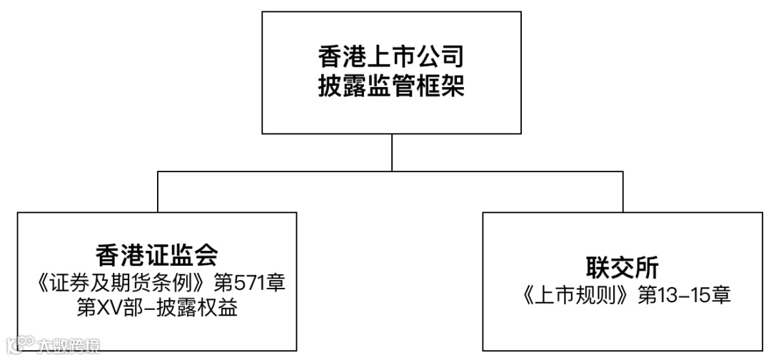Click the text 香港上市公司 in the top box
point(391,56)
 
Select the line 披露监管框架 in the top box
point(391,87)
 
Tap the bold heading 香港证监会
point(156,255)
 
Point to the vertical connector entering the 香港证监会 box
point(157,191)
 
